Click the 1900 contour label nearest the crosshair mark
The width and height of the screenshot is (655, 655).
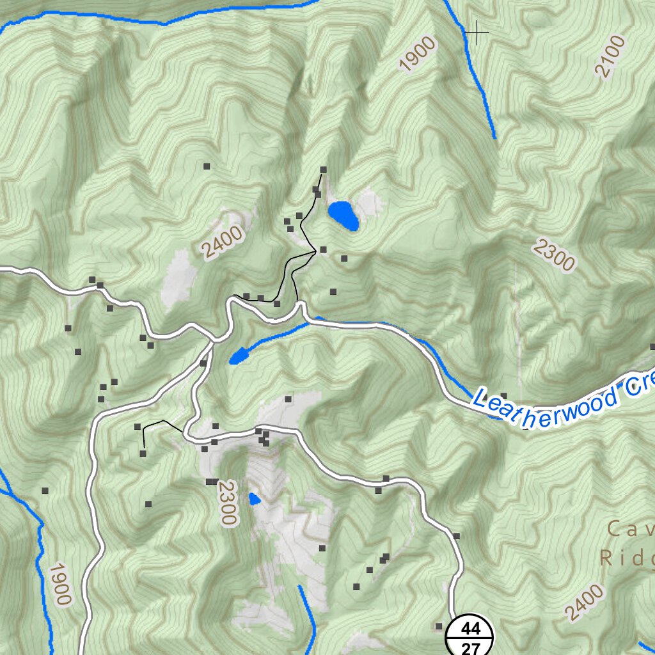click(417, 54)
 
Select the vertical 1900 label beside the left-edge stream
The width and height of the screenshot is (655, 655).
click(59, 583)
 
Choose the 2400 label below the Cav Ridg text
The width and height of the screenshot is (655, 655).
click(584, 602)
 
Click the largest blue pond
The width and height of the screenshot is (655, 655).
click(343, 216)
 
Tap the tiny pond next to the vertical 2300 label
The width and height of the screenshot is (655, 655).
click(255, 499)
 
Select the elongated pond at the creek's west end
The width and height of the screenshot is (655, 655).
click(239, 356)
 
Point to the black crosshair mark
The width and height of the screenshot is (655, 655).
click(477, 31)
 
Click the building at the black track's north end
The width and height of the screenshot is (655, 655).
click(323, 170)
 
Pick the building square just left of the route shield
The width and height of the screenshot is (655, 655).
click(439, 626)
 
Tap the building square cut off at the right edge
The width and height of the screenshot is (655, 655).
click(652, 347)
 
